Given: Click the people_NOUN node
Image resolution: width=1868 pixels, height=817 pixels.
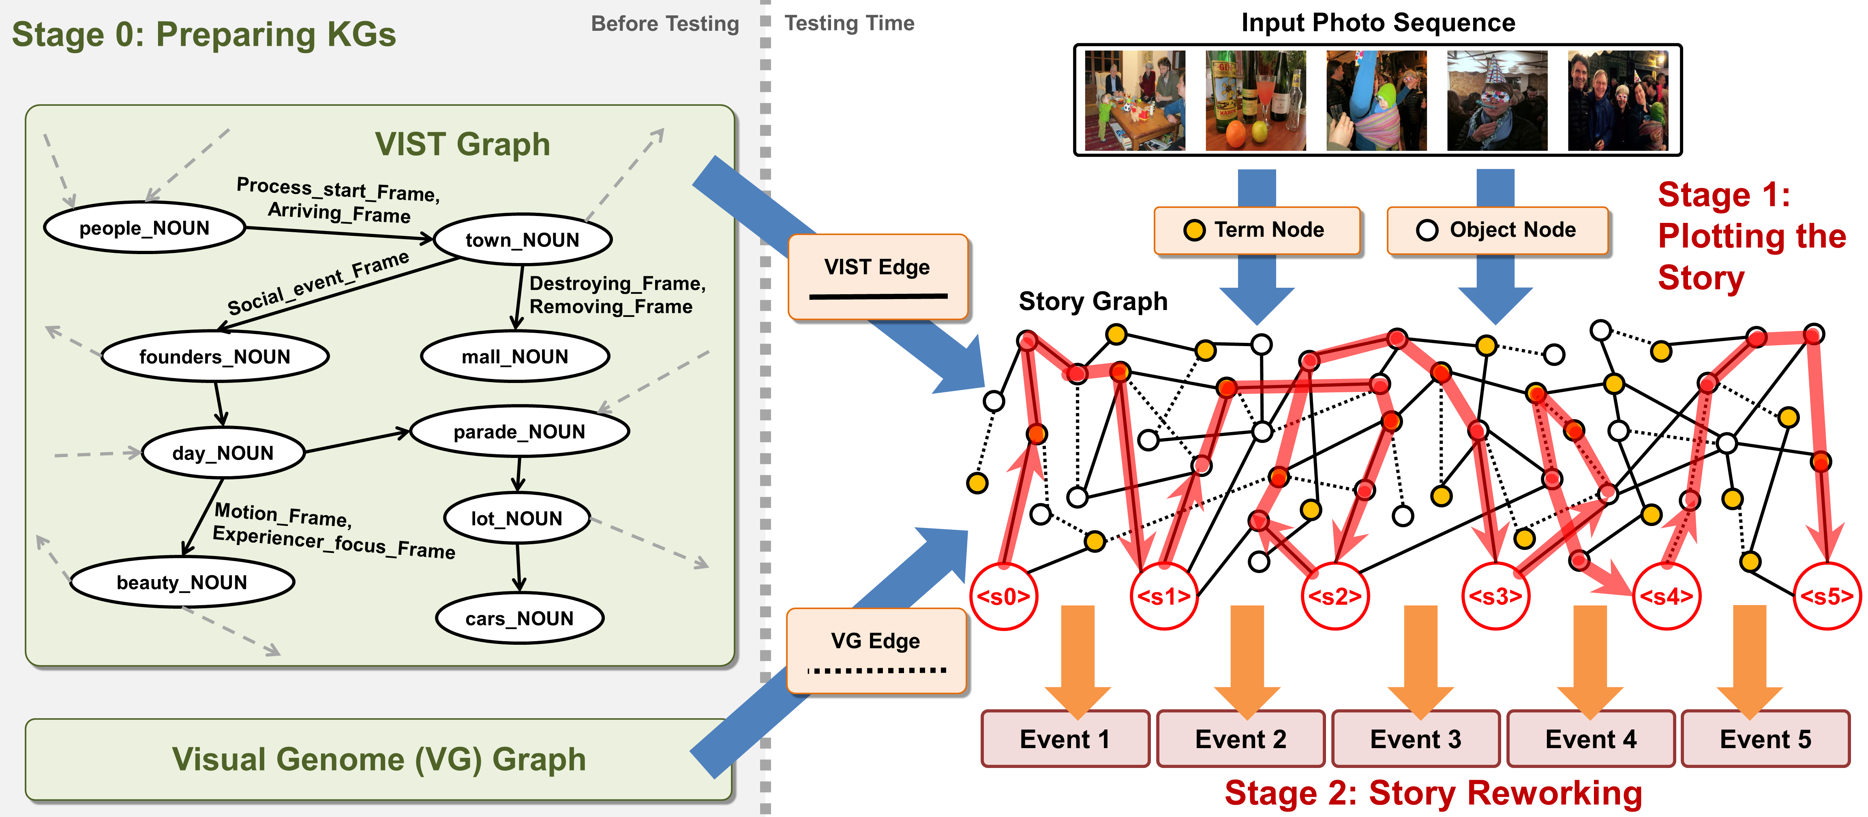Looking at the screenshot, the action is tap(144, 228).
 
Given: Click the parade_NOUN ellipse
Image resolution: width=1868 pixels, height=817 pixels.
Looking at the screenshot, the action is tap(519, 431).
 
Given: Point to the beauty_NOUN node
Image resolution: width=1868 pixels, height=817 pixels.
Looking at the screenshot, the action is tap(182, 582).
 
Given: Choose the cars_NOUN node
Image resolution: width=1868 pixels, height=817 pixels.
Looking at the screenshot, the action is tap(519, 618).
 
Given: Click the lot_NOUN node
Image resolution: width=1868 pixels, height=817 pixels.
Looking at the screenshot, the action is tap(516, 518).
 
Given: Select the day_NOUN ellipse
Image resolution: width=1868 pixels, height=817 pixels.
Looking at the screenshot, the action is tap(223, 453).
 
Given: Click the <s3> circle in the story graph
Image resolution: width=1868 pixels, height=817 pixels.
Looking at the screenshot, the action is tap(1495, 596).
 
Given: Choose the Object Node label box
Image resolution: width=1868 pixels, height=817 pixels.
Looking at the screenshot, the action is tap(1497, 230).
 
